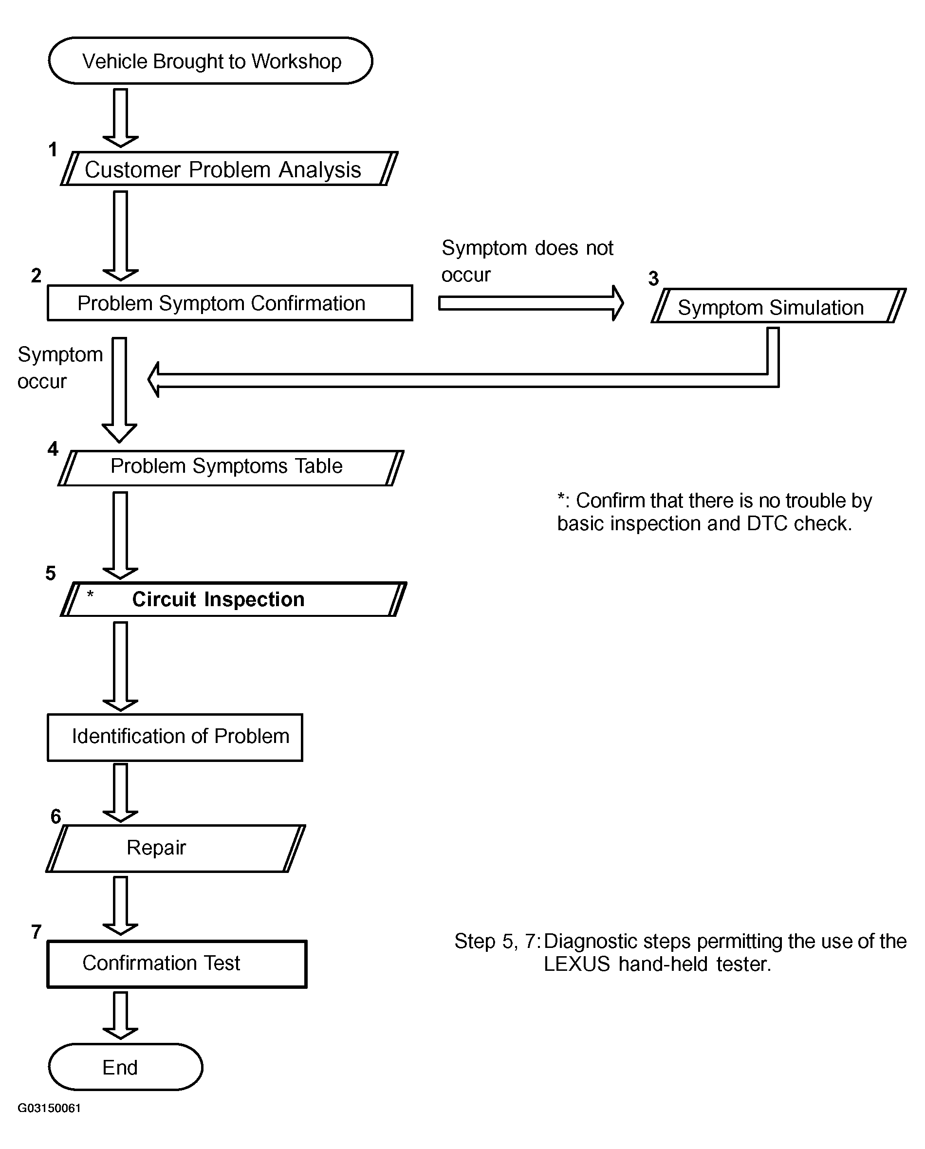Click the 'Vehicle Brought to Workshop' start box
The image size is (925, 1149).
pos(210,61)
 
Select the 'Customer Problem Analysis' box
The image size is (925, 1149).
pos(229,169)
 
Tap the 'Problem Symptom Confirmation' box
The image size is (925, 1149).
pos(230,303)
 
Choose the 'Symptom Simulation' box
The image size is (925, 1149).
pos(778,306)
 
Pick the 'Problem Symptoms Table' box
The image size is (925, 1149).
pos(231,468)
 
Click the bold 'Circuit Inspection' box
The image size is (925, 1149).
pos(233,599)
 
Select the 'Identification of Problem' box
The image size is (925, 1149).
pos(175,737)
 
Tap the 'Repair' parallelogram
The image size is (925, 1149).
pos(176,848)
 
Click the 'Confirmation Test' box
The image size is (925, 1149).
pos(177,964)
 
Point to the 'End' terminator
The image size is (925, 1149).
pos(126,1067)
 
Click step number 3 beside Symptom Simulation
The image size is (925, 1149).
pos(653,278)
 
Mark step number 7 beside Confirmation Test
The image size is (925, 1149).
pos(36,931)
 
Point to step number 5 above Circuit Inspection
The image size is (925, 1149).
pos(51,574)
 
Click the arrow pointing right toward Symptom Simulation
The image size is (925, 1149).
pos(531,303)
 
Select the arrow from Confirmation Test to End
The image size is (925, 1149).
pos(120,1015)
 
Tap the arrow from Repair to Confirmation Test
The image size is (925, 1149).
pos(120,906)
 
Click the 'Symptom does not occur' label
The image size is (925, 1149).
pos(527,261)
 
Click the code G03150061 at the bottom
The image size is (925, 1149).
pos(49,1108)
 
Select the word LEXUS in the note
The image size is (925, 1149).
pos(576,964)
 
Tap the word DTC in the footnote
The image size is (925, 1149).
pos(767,523)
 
